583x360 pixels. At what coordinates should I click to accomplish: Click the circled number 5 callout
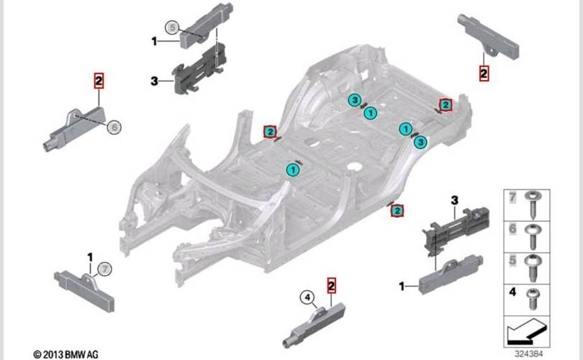coord(171,28)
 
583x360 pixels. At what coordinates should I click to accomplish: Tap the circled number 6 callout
coord(113,127)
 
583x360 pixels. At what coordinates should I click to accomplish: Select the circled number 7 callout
coord(105,269)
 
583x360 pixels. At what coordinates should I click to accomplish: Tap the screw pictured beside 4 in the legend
coord(534,294)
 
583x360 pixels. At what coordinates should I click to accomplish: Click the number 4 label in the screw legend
coord(512,292)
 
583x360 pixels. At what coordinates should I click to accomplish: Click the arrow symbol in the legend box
coord(527,332)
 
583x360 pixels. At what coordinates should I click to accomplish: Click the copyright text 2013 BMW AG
coord(66,354)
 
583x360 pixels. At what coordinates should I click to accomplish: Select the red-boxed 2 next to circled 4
coord(332,285)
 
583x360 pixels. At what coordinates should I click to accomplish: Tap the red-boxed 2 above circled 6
coord(99,80)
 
